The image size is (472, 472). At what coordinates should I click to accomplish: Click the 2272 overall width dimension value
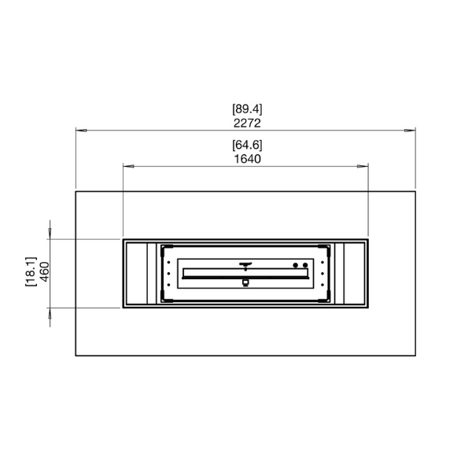pos(247,124)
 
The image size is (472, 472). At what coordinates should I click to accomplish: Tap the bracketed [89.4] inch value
pos(247,109)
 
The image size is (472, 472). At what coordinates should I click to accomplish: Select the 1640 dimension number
pos(248,159)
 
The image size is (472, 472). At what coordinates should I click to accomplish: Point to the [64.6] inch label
pos(247,145)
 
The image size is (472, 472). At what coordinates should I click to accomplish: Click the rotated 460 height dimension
pos(44,271)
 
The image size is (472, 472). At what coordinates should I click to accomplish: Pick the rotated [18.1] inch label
pos(31,271)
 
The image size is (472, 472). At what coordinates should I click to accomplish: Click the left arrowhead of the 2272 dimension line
pos(81,131)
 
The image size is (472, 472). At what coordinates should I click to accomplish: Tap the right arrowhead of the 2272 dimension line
pos(410,131)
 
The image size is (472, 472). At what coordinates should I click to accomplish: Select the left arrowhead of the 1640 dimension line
pos(128,166)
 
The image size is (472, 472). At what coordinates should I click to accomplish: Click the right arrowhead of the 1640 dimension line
pos(363,166)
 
